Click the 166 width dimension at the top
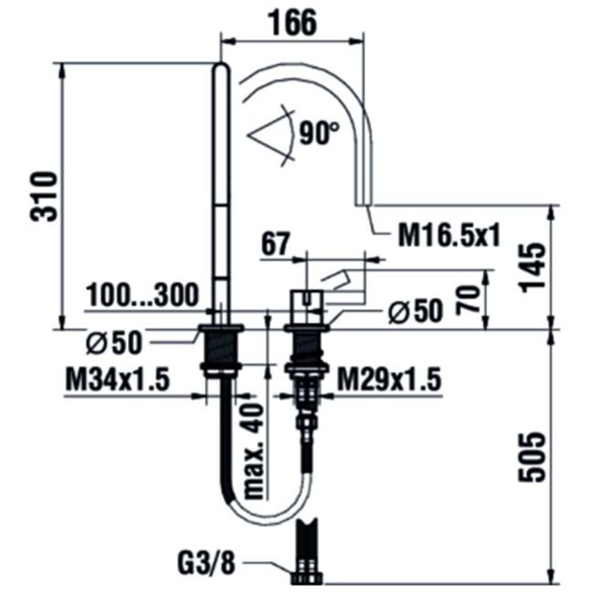(292, 23)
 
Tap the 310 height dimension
(44, 196)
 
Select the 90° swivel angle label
(319, 133)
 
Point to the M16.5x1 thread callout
(449, 235)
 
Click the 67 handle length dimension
(275, 244)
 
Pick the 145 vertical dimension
(533, 267)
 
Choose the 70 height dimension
(467, 298)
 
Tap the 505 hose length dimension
(532, 457)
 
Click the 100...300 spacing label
(143, 295)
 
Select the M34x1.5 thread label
(118, 380)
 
